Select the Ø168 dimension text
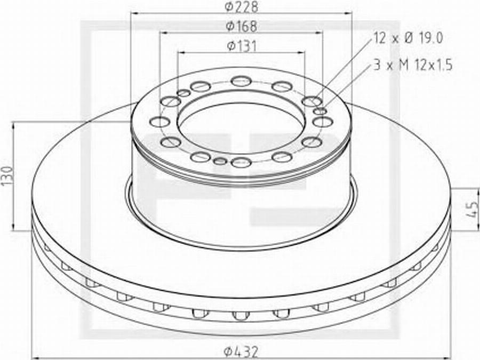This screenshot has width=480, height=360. coord(241,26)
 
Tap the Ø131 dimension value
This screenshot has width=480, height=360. coord(241,46)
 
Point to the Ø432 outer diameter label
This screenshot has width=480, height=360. coord(241,351)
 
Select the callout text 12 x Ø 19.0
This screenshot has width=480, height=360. coord(408,38)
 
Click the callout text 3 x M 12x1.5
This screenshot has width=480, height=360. coord(412,66)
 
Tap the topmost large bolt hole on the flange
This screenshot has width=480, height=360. coord(241,81)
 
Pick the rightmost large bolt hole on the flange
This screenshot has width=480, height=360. coord(323,122)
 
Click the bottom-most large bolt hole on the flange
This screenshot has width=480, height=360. coord(241,162)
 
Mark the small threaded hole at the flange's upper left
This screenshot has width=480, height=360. coord(183,93)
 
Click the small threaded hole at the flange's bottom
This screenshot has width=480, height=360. coord(220,161)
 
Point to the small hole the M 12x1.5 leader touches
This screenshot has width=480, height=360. coord(320,111)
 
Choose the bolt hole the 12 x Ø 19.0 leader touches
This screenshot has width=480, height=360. coord(311,101)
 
